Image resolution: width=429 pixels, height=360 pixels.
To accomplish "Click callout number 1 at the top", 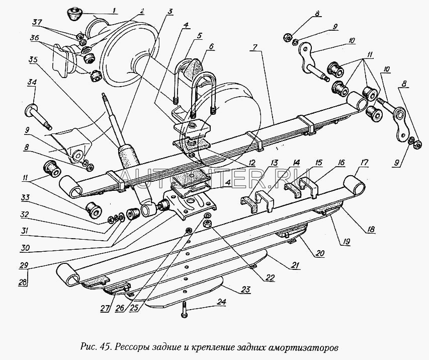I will pyautogui.click(x=114, y=11).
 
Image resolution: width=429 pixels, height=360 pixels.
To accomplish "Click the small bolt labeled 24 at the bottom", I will pyautogui.click(x=185, y=307).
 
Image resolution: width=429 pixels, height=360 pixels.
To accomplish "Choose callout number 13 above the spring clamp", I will pyautogui.click(x=274, y=162).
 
